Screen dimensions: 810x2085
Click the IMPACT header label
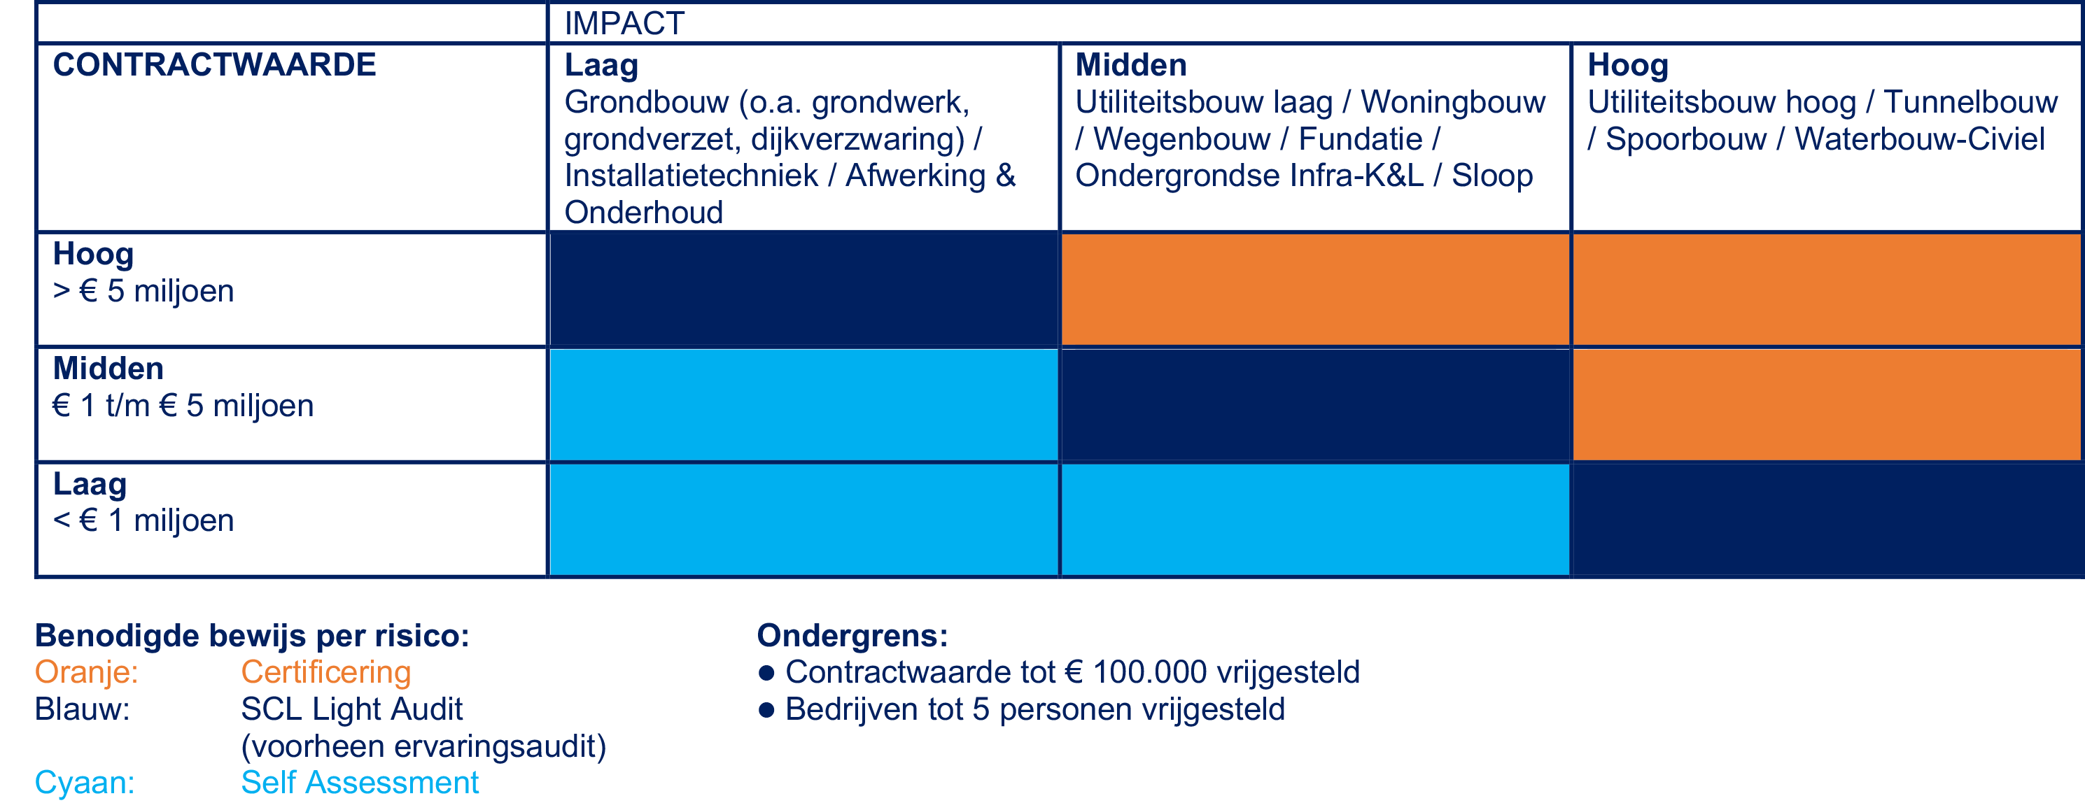click(624, 24)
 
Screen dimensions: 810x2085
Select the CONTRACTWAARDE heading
click(214, 65)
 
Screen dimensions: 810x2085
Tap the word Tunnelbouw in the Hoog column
click(1970, 102)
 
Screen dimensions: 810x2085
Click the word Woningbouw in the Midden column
click(1453, 102)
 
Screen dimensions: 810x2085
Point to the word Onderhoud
click(643, 213)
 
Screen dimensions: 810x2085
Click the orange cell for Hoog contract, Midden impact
click(1314, 289)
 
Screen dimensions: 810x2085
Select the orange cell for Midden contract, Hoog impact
click(1826, 404)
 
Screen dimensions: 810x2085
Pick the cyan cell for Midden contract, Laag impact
click(803, 404)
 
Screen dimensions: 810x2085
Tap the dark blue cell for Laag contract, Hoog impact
click(1826, 519)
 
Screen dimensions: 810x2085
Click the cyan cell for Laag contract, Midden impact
click(1314, 519)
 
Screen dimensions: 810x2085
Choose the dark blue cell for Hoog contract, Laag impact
click(803, 289)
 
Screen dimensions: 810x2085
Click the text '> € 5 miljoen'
click(143, 291)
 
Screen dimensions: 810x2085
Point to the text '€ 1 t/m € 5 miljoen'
click(183, 406)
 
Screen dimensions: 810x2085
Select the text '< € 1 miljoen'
click(143, 520)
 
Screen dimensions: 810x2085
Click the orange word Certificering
click(326, 672)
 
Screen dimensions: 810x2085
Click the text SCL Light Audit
click(351, 710)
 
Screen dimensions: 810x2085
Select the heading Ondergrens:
click(852, 636)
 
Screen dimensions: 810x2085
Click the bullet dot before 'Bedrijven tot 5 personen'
click(766, 711)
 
